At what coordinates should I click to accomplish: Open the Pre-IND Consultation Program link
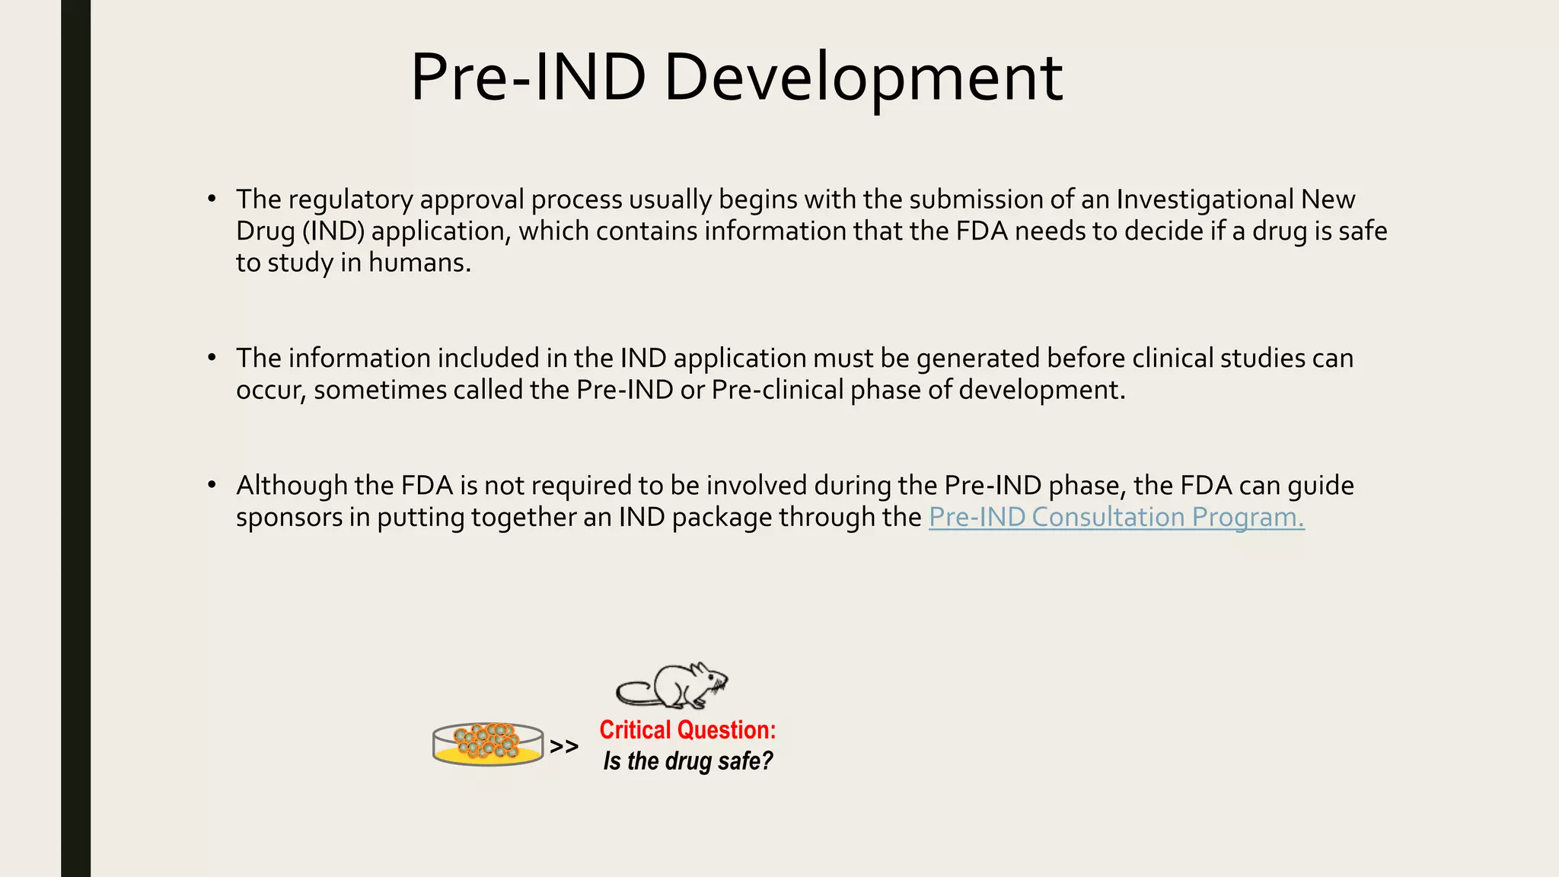coord(1116,518)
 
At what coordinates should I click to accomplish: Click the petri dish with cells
coord(488,745)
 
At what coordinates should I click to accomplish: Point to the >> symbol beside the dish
coord(564,747)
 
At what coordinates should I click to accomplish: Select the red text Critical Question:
coord(687,730)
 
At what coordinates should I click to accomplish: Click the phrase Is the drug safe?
coord(687,761)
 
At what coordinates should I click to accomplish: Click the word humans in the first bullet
coord(419,263)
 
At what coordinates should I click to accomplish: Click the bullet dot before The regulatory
coord(212,199)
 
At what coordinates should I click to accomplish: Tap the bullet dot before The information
coord(212,358)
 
